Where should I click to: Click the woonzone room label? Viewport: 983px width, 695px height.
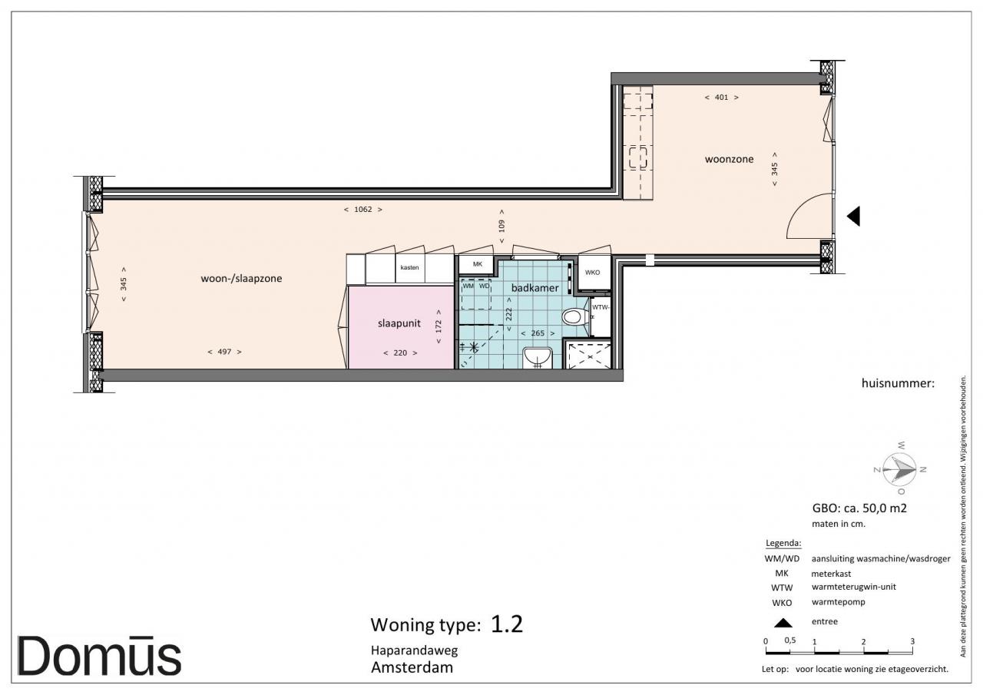point(729,159)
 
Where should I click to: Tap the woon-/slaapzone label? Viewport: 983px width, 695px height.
point(241,279)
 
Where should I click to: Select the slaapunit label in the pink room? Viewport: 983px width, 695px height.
point(399,323)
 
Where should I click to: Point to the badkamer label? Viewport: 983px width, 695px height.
point(535,288)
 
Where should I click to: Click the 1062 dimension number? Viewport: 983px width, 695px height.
point(363,210)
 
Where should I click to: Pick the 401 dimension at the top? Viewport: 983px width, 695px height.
point(721,98)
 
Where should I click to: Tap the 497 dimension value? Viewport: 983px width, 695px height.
point(224,352)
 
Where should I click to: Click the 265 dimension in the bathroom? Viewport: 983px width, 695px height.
point(538,333)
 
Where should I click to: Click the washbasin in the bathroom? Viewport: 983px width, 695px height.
point(538,358)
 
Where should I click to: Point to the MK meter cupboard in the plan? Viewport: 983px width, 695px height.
point(478,264)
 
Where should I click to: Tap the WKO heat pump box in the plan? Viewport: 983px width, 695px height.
point(594,273)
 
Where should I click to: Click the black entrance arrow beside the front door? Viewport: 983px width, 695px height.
point(854,217)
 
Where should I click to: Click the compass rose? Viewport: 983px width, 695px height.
point(899,469)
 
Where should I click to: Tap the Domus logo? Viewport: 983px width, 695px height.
point(99,656)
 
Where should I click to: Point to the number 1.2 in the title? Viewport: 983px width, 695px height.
point(507,624)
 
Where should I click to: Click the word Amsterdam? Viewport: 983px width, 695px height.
point(412,667)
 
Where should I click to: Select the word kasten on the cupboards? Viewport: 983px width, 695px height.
point(409,268)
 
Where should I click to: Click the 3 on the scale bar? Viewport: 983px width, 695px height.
point(912,641)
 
